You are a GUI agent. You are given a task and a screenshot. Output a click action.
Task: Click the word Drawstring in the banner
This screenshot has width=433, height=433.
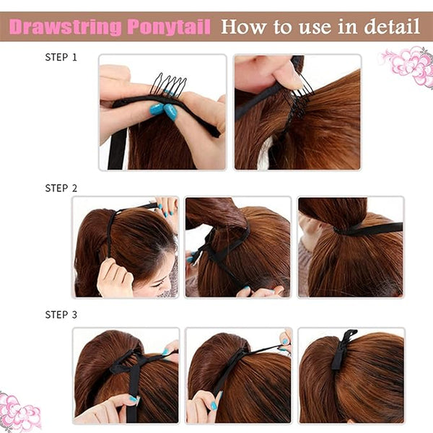65,27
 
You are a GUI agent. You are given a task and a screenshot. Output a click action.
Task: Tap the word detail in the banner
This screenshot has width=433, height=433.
392,27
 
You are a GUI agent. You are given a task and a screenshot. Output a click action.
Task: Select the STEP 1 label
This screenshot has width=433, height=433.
61,57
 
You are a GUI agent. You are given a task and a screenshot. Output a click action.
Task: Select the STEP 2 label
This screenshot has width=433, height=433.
61,188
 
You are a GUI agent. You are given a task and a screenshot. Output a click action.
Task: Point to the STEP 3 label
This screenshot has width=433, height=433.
61,315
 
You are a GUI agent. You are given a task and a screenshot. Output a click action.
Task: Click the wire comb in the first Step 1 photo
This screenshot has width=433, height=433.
168,84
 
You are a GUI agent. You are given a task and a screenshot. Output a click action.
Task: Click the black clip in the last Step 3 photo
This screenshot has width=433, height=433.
342,349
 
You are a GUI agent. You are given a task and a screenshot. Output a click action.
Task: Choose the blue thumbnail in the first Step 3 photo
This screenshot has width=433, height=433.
134,399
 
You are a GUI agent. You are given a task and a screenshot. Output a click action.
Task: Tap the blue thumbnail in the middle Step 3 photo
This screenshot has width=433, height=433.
214,406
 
